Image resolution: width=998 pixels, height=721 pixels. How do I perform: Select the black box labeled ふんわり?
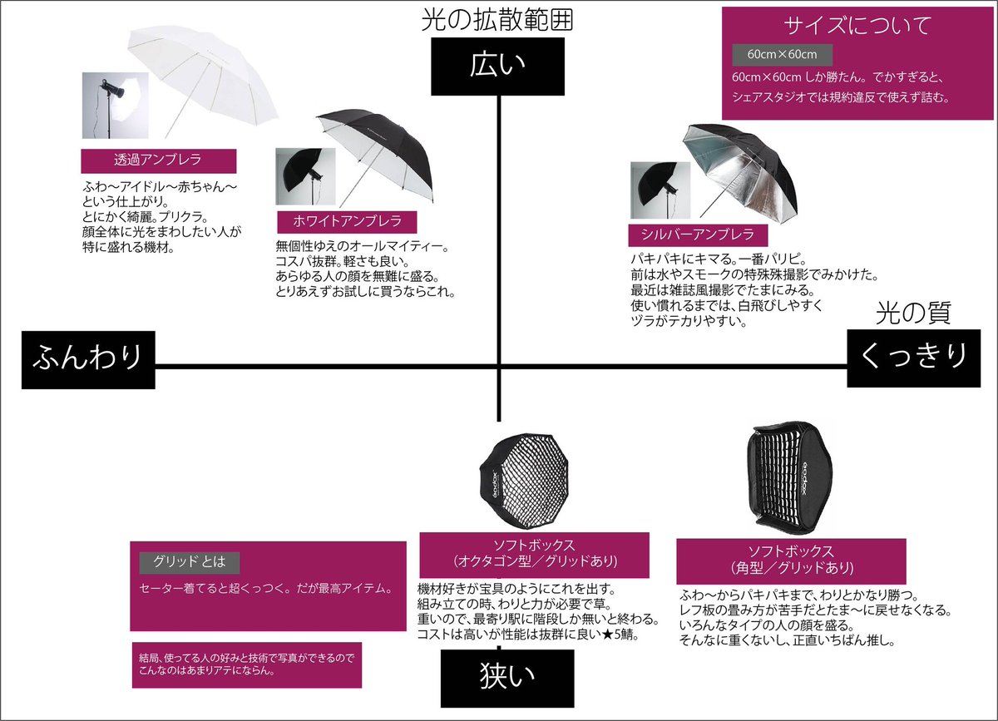(87, 359)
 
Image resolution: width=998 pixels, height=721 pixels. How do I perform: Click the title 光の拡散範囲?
(497, 20)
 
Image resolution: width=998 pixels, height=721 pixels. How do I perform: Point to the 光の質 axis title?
(913, 314)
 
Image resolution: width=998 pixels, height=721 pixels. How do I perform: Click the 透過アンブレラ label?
(158, 160)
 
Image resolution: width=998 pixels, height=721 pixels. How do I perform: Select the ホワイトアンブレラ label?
(347, 221)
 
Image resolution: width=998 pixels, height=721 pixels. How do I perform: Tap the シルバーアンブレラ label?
(692, 234)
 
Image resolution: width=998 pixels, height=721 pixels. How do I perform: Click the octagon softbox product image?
(520, 482)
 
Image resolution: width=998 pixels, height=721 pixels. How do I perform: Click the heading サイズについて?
(859, 25)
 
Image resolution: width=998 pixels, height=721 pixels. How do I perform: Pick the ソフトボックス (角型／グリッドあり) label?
(791, 560)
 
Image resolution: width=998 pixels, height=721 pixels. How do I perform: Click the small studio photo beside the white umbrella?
(305, 177)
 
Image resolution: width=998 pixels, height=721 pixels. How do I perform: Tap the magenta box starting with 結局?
(246, 665)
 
